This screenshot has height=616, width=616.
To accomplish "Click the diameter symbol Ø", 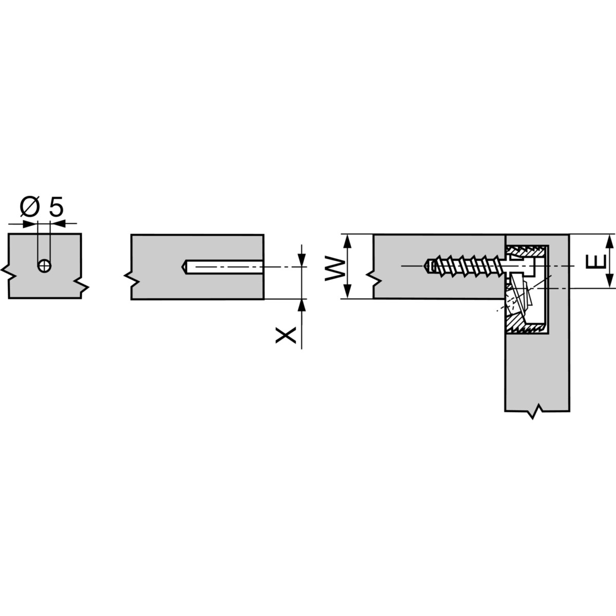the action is [x=30, y=206].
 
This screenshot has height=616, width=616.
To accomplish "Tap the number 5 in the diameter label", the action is [x=56, y=206].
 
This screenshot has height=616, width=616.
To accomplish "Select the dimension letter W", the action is [x=335, y=268].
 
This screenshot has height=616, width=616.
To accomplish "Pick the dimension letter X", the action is [x=285, y=335].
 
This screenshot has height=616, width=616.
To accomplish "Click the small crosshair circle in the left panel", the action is [x=45, y=265].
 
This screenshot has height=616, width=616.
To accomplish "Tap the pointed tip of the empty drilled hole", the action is [x=182, y=266].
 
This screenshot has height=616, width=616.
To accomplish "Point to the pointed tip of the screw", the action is [x=425, y=266].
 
